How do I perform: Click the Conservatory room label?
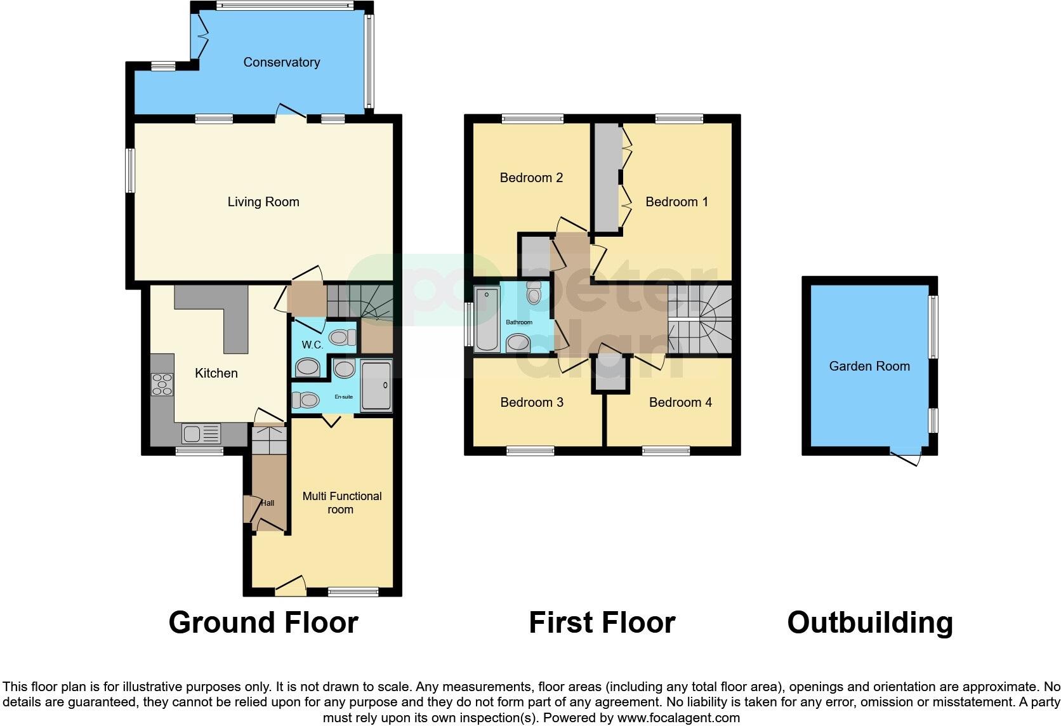tap(281, 62)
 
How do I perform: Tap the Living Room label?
tap(263, 202)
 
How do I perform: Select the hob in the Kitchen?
tap(162, 385)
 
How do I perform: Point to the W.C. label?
tap(312, 345)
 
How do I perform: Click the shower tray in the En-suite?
tap(377, 386)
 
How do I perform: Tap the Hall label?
tap(268, 503)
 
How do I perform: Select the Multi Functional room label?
tap(341, 503)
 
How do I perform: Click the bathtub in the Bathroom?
tap(487, 320)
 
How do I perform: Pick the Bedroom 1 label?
tap(676, 202)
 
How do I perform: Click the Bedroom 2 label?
tap(531, 178)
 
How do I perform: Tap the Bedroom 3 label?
tap(532, 402)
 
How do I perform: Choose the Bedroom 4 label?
tap(680, 402)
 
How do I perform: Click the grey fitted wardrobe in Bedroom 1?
tap(607, 178)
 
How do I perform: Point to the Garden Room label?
tap(869, 366)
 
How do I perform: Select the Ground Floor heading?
tap(263, 623)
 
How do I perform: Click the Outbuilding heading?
tap(870, 623)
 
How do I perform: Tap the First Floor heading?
tap(602, 623)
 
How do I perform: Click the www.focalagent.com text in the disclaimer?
tap(678, 718)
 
